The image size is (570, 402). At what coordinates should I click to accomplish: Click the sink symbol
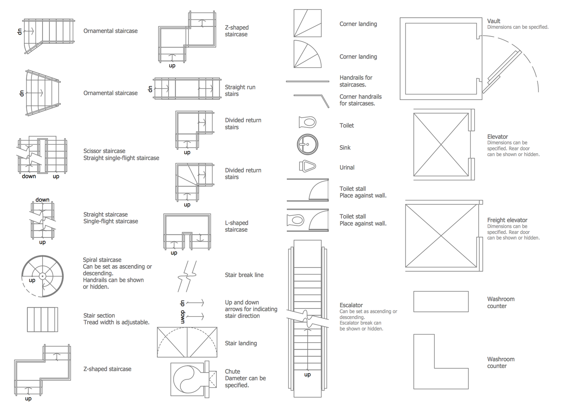[307, 144]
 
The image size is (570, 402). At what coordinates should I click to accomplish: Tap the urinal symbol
[307, 166]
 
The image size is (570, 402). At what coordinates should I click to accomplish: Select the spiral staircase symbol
[43, 276]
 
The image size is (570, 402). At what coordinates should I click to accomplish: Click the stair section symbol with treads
[43, 319]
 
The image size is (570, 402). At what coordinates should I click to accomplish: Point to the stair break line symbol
[187, 276]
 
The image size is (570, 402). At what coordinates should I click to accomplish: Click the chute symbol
[194, 379]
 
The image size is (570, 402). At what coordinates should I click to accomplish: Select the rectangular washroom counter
[441, 302]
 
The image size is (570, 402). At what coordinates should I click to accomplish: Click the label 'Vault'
[494, 21]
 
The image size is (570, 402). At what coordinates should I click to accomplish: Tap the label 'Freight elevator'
[507, 220]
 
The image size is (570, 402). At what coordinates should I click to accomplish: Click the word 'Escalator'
[351, 305]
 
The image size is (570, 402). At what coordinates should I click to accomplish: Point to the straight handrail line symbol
[307, 81]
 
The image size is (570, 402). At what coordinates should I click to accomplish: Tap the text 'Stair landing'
[241, 343]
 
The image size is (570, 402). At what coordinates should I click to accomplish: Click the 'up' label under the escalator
[307, 375]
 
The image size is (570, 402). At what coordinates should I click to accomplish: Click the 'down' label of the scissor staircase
[29, 176]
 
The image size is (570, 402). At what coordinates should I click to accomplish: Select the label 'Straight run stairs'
[240, 90]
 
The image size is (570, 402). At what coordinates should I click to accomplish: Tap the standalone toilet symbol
[307, 122]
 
